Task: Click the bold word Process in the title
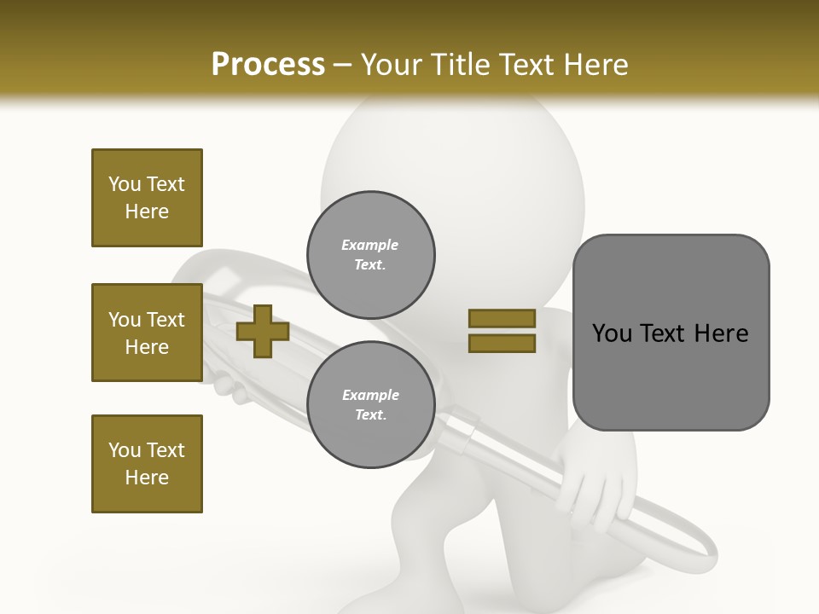(268, 64)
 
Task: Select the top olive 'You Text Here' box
(147, 198)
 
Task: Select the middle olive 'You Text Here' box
(147, 333)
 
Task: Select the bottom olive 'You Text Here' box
(147, 464)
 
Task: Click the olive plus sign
(263, 332)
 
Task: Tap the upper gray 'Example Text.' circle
(371, 255)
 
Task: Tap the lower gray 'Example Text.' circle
(371, 405)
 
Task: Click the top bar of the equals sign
(502, 319)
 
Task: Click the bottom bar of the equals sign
(502, 344)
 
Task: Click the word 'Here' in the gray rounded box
(721, 333)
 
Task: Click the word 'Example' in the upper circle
(370, 246)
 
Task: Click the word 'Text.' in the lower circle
(370, 415)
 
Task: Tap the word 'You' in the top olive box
(125, 184)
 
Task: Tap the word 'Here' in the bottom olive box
(147, 478)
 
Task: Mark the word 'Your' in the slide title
(392, 65)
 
